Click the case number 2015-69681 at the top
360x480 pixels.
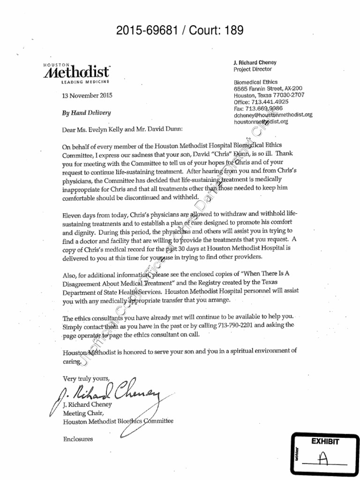(x=147, y=31)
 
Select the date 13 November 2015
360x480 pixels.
(x=87, y=96)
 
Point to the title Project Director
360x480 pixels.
(x=252, y=69)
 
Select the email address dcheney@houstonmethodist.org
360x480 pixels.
(x=273, y=115)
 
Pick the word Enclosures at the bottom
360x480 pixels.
(x=77, y=439)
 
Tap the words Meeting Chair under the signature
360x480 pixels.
(x=82, y=413)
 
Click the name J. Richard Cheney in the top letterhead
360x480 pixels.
(x=255, y=62)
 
